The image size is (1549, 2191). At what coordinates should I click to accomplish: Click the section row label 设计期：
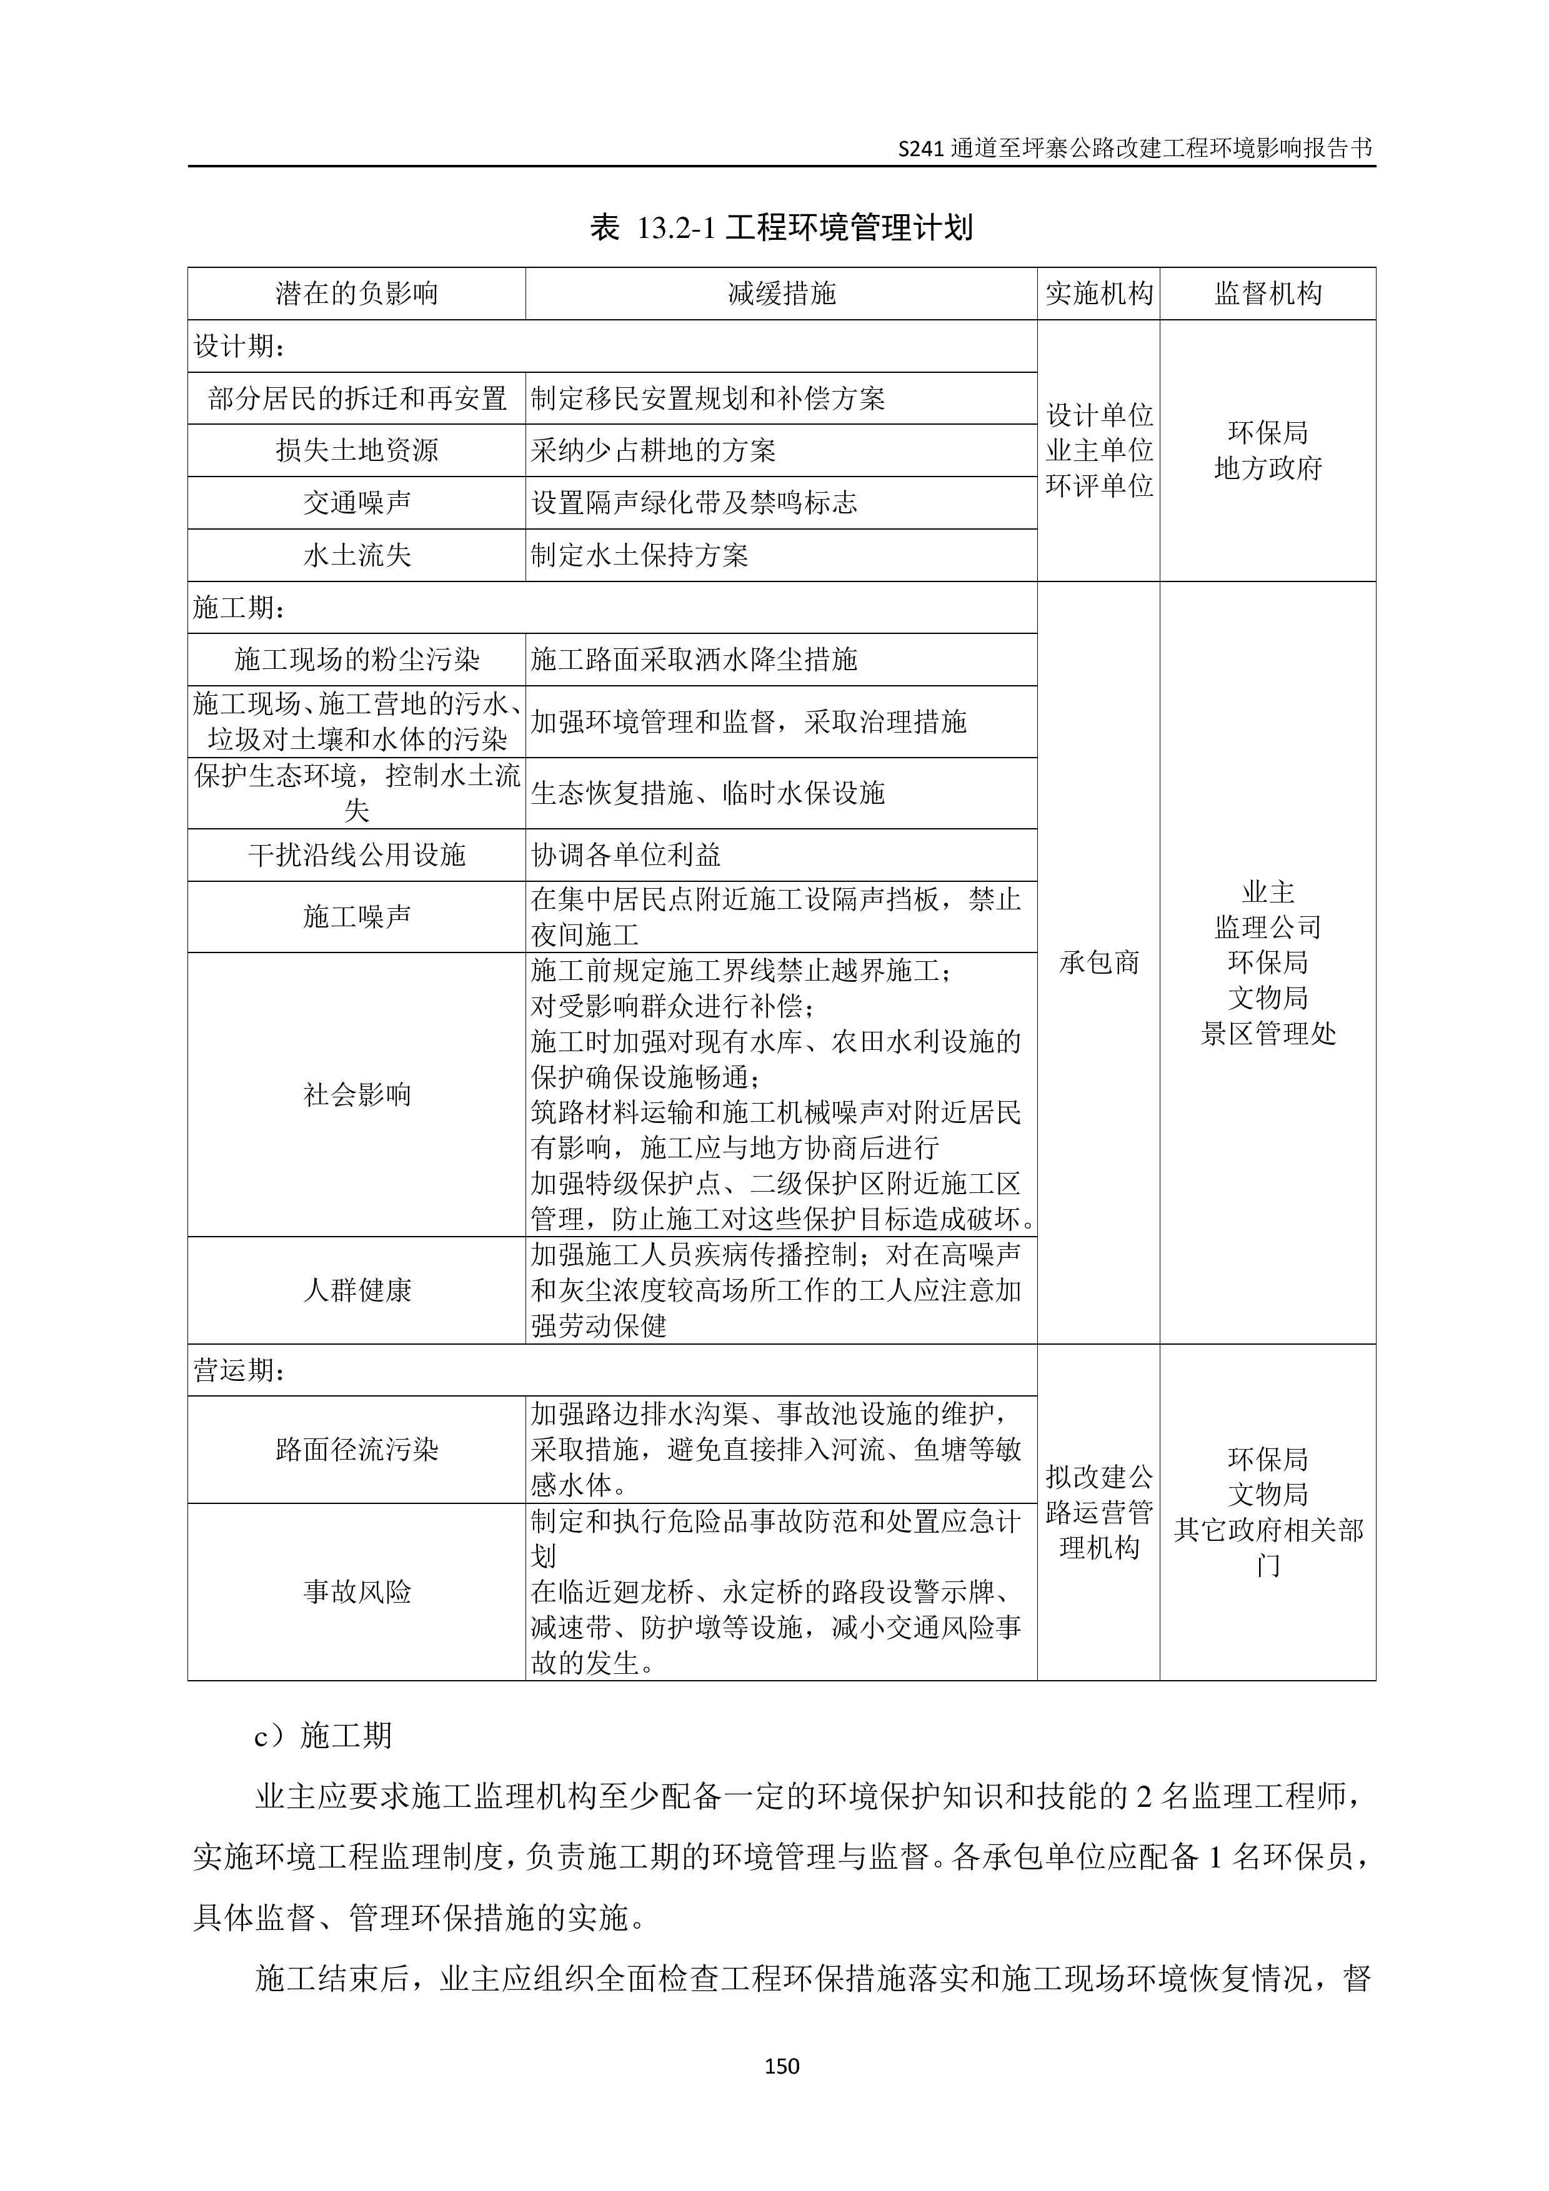coord(239,345)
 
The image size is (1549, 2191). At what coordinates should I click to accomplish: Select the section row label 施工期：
coord(239,607)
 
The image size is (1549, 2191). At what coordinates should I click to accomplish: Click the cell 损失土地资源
coord(356,450)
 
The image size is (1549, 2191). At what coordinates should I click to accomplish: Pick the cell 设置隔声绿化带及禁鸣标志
coord(694,503)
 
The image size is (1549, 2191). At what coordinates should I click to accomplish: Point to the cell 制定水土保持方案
coord(639,555)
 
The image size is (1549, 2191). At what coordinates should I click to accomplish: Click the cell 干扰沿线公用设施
coord(356,855)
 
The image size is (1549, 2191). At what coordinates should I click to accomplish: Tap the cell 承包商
coord(1098,963)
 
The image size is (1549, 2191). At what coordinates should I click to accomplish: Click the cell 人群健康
coord(356,1290)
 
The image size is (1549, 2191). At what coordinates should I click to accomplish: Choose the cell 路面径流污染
coord(356,1450)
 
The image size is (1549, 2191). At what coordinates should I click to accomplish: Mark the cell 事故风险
coord(356,1591)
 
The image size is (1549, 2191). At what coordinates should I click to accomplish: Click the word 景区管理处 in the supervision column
coord(1267,1034)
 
